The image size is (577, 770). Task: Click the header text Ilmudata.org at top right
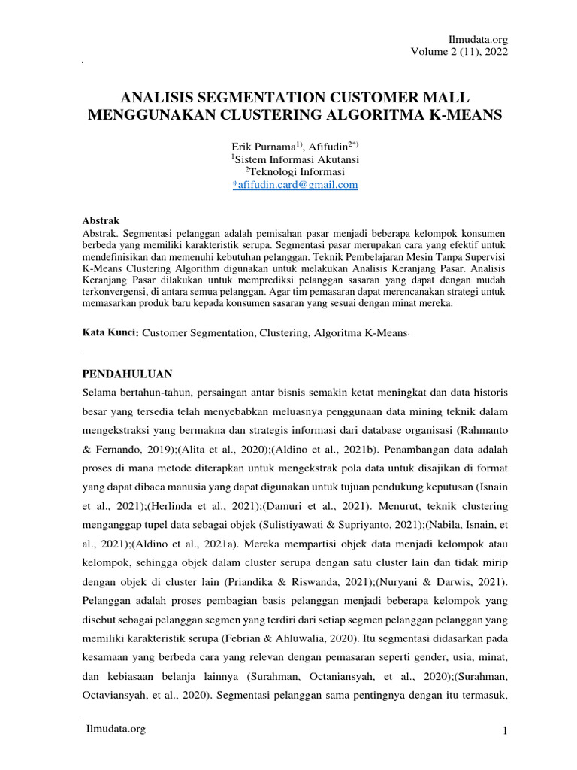coord(477,38)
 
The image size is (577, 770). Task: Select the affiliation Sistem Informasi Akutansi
coord(296,160)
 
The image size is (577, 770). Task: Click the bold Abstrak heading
coord(101,221)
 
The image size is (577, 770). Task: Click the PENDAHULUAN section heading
coord(127,374)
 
